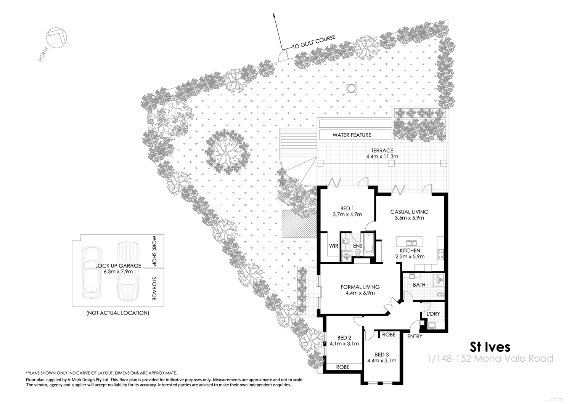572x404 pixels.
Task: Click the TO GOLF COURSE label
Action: click(x=314, y=42)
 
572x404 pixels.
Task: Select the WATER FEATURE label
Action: click(x=352, y=135)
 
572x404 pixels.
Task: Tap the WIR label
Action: click(x=334, y=246)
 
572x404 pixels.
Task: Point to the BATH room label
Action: click(x=419, y=285)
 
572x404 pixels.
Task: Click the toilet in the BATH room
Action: click(x=441, y=294)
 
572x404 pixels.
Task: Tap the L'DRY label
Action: click(x=433, y=314)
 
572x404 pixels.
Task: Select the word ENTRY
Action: click(x=415, y=337)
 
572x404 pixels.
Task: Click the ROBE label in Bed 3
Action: click(x=389, y=334)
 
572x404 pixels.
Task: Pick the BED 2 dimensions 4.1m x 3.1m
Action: click(x=344, y=344)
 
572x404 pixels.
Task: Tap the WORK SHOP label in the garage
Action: click(x=154, y=250)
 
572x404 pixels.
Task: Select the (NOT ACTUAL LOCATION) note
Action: click(x=117, y=313)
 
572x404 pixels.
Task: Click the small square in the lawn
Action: click(x=351, y=88)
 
